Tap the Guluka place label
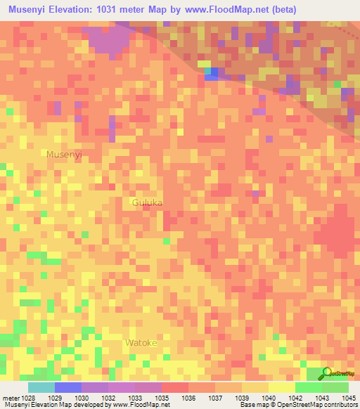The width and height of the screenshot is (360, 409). [147, 202]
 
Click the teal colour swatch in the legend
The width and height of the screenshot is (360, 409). [41, 387]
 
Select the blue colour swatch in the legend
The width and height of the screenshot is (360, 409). [68, 387]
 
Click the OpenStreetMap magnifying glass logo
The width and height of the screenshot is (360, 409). [327, 373]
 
